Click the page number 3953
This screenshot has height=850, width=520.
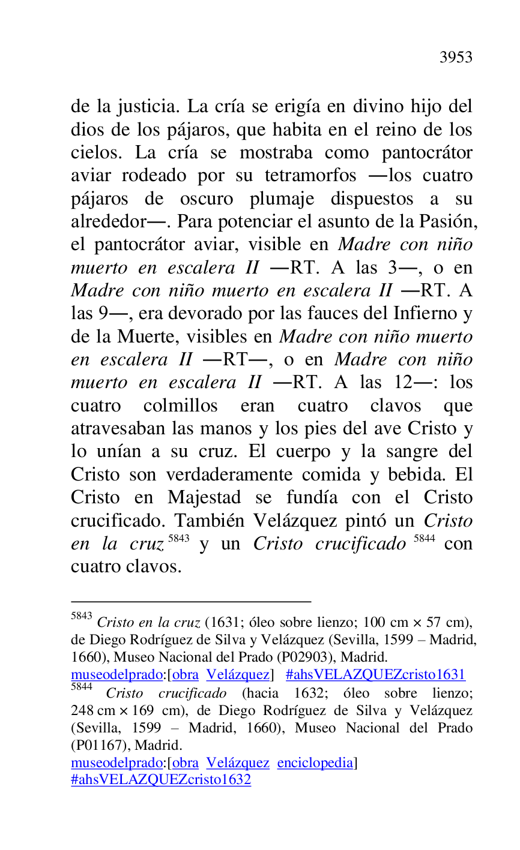(x=456, y=58)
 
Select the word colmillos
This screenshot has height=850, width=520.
(x=180, y=406)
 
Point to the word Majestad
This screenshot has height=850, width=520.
(x=204, y=498)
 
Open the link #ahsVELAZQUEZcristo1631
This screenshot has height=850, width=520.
(x=375, y=675)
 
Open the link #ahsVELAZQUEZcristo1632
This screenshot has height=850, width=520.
(x=161, y=780)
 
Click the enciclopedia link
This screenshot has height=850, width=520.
(x=315, y=763)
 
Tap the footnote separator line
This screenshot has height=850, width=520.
(x=191, y=600)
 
